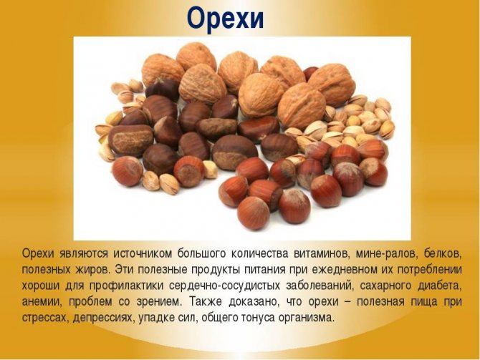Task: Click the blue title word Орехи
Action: [x=225, y=19]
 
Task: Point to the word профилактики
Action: [x=126, y=286]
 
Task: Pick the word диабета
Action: [x=440, y=286]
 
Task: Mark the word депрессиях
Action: [x=103, y=318]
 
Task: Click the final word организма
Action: [x=305, y=318]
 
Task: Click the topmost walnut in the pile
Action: [x=196, y=57]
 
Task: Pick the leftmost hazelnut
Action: [x=128, y=171]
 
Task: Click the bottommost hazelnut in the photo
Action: [x=254, y=213]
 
